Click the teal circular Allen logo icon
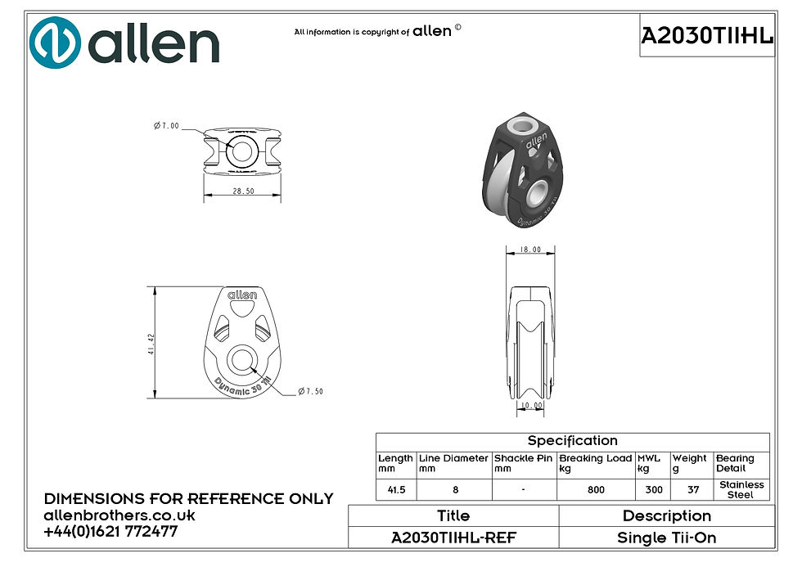point(56,43)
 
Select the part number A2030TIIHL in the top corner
point(707,36)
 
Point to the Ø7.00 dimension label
point(167,125)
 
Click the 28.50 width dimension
point(244,191)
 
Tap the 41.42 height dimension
point(151,344)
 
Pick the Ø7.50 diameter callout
point(310,391)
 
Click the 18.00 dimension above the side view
point(530,250)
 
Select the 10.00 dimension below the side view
point(532,406)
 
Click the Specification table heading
point(572,441)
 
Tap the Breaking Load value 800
point(596,490)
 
